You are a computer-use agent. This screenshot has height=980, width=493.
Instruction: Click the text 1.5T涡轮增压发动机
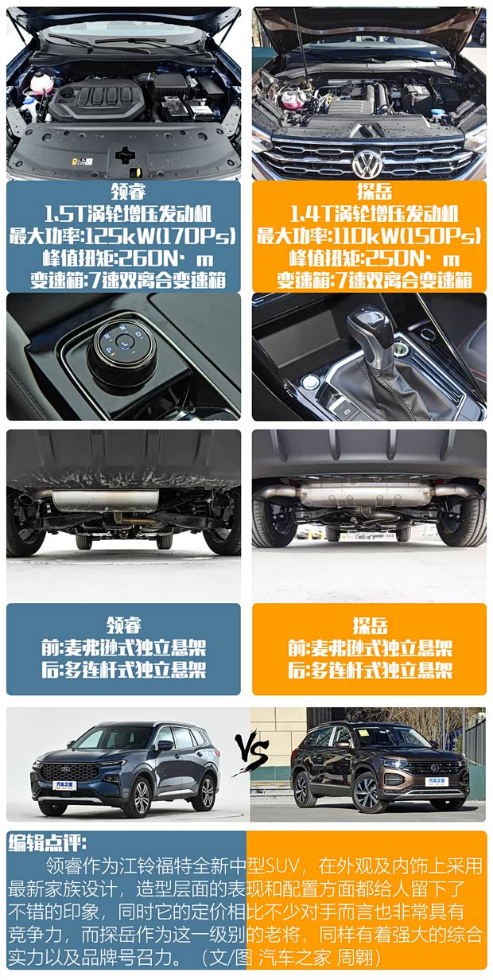[x=123, y=214]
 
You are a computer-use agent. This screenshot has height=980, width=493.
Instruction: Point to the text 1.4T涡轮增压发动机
[x=369, y=214]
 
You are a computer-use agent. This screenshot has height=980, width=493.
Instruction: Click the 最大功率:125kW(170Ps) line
[x=123, y=236]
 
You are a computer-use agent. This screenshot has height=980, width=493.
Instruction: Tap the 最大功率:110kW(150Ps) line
[x=369, y=236]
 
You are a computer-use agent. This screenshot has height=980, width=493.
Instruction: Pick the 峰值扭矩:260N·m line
[x=123, y=259]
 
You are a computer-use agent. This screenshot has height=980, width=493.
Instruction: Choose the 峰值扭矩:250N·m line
[x=369, y=259]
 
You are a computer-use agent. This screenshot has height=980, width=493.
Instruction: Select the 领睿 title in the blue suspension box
[x=123, y=624]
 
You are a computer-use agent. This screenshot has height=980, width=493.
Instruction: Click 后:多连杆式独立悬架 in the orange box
[x=369, y=670]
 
